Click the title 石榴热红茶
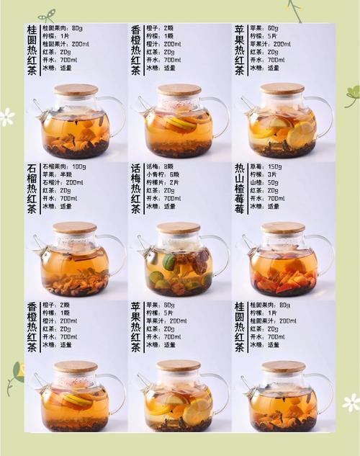tap(32, 189)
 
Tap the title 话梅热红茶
tap(135, 189)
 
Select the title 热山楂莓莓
tap(239, 189)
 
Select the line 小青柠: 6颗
tap(164, 174)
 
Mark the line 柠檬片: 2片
tap(164, 182)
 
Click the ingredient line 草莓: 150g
tap(267, 166)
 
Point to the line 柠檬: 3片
tap(264, 174)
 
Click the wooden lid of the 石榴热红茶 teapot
tap(74, 227)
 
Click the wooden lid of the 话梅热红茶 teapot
tap(178, 227)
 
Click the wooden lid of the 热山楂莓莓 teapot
tap(282, 227)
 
